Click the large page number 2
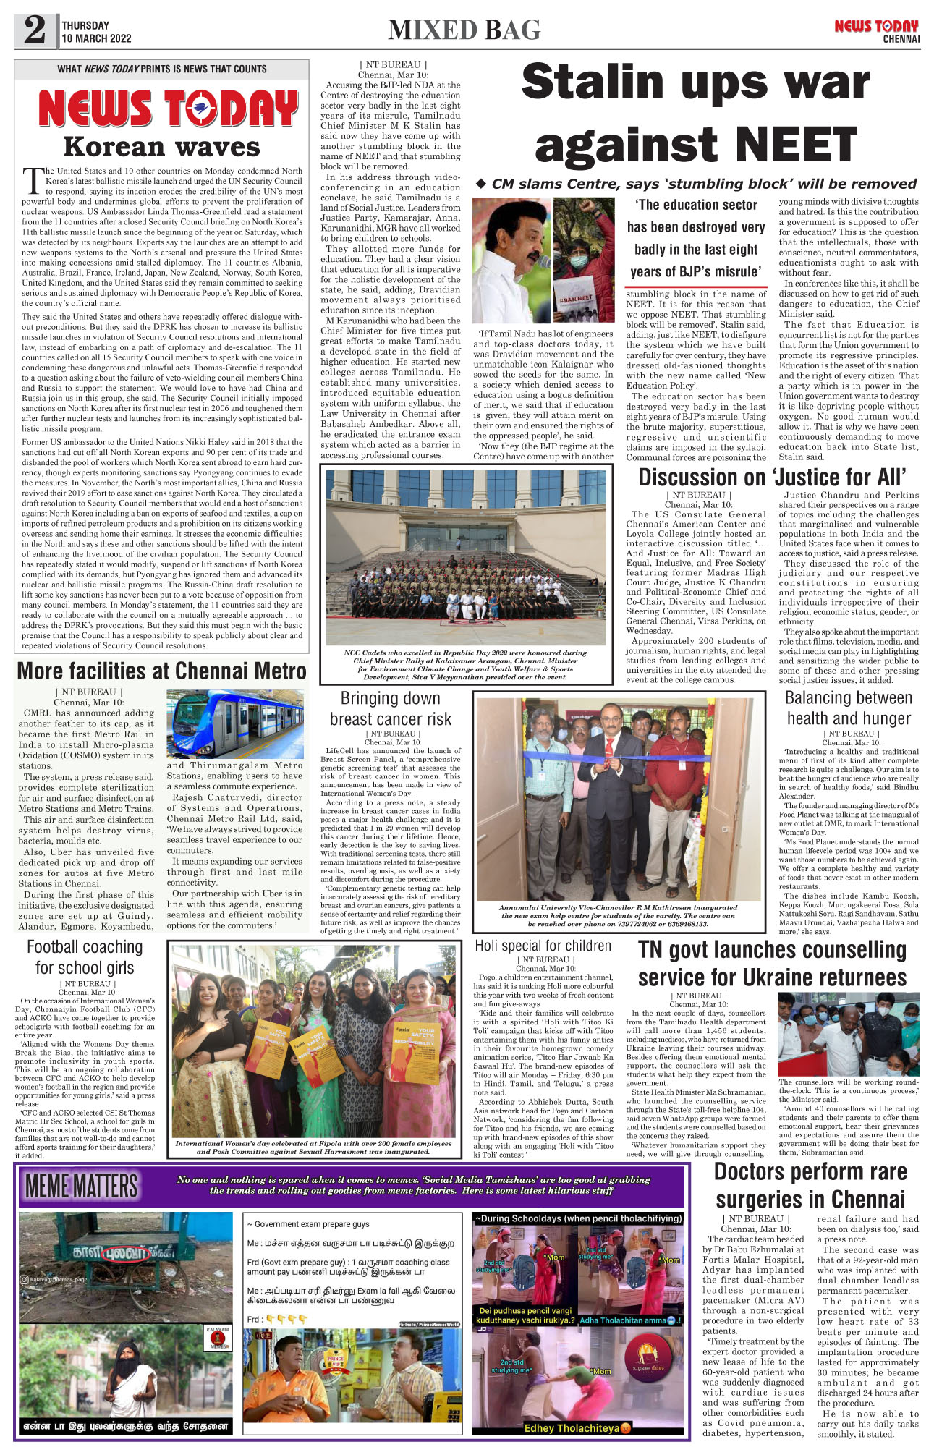coord(35,30)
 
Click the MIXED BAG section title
coord(464,30)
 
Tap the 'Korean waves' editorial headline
coord(161,147)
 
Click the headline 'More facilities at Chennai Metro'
coord(162,671)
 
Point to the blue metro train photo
coord(234,723)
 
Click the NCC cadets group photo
coord(466,557)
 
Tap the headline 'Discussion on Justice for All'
coord(771,478)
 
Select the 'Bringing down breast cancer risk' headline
coord(391,708)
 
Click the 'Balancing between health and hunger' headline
coord(849,708)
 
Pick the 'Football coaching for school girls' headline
coord(85,956)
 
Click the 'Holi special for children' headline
coord(543,946)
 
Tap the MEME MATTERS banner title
coord(81,1186)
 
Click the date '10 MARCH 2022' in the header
coord(96,39)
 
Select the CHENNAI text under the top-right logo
coord(901,39)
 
